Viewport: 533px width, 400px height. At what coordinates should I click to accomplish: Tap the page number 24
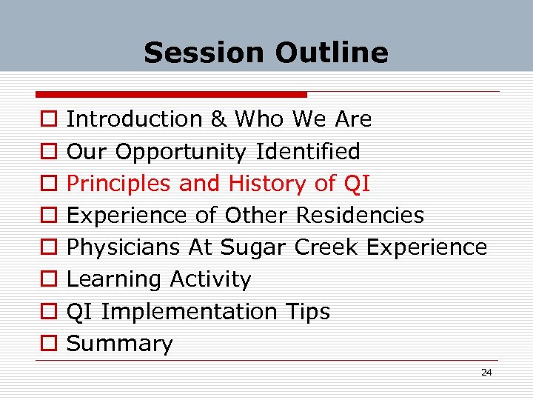tap(486, 373)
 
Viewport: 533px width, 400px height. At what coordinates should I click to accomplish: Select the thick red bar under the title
tap(171, 95)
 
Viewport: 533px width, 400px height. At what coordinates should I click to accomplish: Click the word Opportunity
tap(181, 153)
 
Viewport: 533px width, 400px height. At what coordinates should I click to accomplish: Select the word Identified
tap(308, 152)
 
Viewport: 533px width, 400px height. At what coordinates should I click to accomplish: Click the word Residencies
tap(360, 216)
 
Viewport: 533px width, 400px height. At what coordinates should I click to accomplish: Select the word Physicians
tap(121, 247)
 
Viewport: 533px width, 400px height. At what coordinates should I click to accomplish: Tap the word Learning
tap(115, 280)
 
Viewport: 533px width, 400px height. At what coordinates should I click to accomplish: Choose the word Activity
tap(210, 280)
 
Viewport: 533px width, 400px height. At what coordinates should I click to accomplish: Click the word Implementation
tap(188, 312)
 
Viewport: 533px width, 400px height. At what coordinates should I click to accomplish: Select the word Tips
tap(306, 312)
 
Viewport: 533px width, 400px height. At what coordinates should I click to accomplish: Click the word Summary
tap(119, 344)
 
